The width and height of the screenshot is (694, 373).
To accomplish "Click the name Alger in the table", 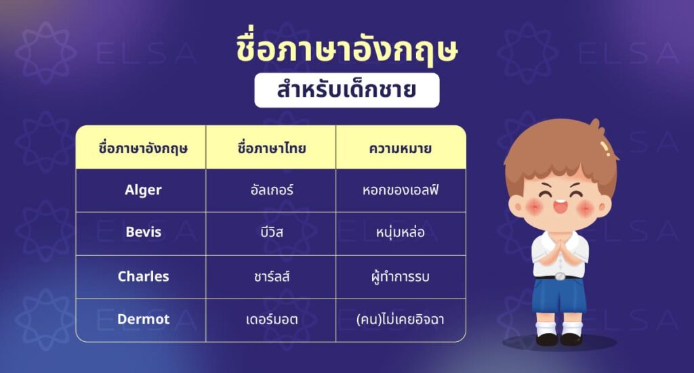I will point(143,190).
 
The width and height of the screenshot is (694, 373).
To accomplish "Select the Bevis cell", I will point(143,232).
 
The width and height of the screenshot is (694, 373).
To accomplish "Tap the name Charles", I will point(143,276).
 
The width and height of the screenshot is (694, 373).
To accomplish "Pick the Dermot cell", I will point(143,319).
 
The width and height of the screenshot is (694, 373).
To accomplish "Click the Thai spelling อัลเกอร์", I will point(271,190).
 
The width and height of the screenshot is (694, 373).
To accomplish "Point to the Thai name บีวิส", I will point(271,233).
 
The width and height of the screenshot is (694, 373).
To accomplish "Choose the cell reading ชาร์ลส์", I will point(271,276).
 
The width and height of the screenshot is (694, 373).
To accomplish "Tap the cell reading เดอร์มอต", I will point(271,319).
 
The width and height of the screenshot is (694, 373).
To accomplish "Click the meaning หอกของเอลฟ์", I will point(401,190).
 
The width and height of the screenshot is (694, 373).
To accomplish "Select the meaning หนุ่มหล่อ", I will point(401,233).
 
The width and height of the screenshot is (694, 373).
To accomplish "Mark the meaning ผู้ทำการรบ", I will point(401,276).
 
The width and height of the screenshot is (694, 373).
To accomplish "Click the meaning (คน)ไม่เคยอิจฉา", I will point(401,319).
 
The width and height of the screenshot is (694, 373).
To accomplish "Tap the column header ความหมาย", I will point(401,147).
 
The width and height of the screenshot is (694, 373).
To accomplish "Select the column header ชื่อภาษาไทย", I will point(271,147).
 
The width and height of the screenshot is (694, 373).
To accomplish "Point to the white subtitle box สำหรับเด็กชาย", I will point(347,91).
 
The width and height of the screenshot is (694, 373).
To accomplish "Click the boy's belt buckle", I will point(559,276).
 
